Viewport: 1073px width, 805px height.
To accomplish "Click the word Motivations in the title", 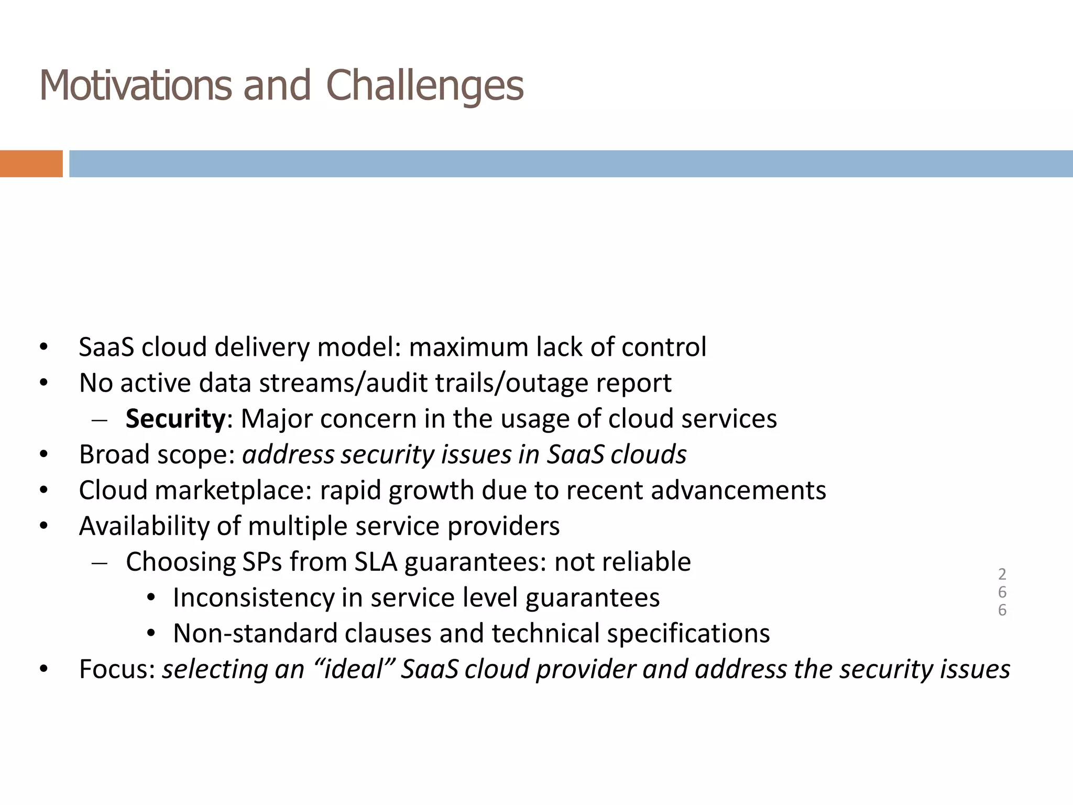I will coord(135,85).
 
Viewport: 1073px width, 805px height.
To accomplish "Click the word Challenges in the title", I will coord(424,85).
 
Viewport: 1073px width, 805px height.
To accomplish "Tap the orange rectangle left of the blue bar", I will coord(31,164).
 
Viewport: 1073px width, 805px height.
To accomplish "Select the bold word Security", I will coord(175,419).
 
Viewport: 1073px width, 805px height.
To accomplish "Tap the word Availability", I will coord(160,526).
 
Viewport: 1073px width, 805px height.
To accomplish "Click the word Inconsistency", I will coord(253,597).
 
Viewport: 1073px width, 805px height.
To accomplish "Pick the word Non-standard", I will coord(255,633).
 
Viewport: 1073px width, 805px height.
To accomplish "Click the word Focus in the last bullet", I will coord(117,669).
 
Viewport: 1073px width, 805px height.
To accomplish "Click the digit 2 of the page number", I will coord(1002,574).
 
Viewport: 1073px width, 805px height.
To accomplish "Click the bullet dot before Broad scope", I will coord(43,455).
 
